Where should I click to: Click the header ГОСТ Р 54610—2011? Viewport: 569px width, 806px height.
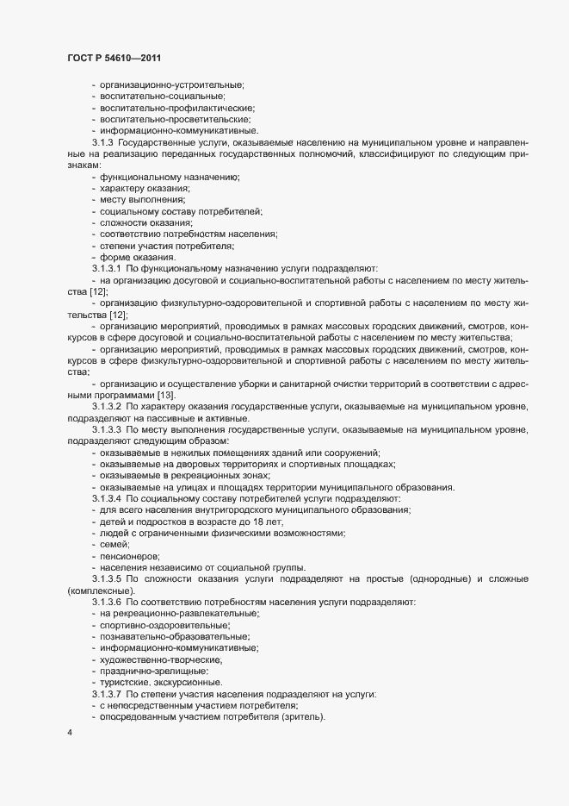click(109, 57)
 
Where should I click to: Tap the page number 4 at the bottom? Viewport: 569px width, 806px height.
click(70, 733)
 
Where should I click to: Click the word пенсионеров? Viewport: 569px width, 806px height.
click(130, 557)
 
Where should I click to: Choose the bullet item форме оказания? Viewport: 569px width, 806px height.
click(137, 258)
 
